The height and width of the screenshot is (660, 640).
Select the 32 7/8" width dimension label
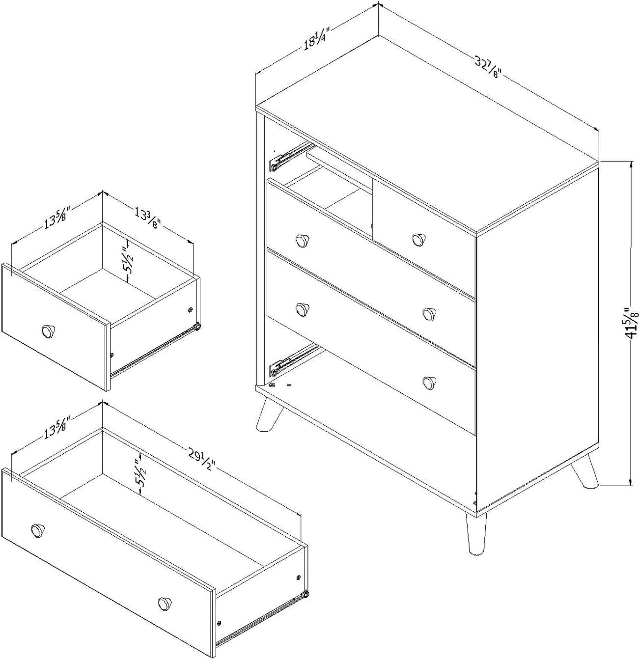(487, 67)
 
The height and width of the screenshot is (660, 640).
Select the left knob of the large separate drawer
(37, 530)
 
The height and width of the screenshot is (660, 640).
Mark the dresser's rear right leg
(585, 472)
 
